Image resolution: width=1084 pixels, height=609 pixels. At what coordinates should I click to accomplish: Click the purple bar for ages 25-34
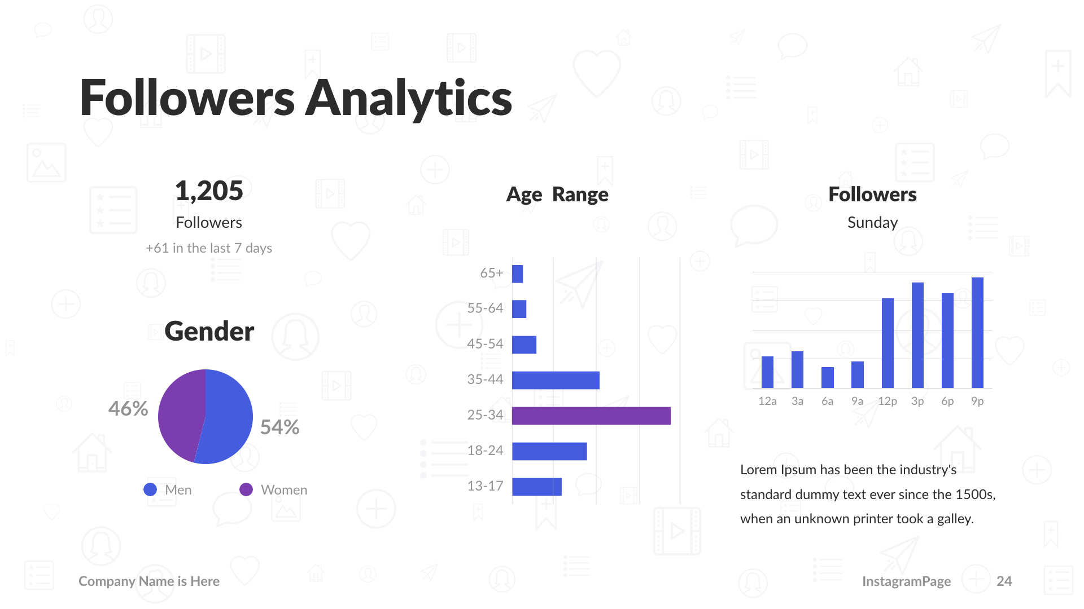coord(591,416)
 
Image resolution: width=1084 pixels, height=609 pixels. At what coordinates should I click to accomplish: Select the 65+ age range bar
coord(517,274)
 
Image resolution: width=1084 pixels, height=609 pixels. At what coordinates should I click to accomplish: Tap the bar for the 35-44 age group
coord(556,380)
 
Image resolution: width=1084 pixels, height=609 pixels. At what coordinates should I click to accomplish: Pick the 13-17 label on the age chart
coord(485,486)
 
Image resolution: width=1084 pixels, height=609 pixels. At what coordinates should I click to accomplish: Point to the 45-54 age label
coord(485,344)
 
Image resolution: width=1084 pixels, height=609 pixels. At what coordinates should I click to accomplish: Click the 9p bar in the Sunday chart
coord(977,333)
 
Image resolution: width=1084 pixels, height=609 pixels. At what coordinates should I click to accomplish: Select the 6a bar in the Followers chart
coord(827,377)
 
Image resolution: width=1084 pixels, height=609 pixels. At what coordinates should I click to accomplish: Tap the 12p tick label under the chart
coord(887,401)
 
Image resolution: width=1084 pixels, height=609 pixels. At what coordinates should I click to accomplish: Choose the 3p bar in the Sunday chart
coord(917,335)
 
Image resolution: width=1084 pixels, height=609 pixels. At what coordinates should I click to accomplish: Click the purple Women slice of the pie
coord(181,414)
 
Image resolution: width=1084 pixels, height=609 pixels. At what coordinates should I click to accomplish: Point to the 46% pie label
coord(128,408)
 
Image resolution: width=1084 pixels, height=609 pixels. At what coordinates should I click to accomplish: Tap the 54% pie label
coord(279,427)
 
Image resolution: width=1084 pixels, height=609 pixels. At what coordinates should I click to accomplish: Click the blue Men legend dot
coord(150,489)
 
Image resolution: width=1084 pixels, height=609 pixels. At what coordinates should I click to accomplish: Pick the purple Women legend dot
coord(246,489)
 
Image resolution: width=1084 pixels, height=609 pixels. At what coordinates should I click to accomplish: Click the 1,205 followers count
coord(209,191)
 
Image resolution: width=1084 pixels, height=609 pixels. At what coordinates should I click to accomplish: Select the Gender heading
coord(209,331)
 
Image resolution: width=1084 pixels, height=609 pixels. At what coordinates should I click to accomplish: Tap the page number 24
coord(1004,581)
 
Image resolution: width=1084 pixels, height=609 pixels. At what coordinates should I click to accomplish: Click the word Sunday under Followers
coord(872,223)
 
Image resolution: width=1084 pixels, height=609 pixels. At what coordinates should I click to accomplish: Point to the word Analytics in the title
coord(409,98)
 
